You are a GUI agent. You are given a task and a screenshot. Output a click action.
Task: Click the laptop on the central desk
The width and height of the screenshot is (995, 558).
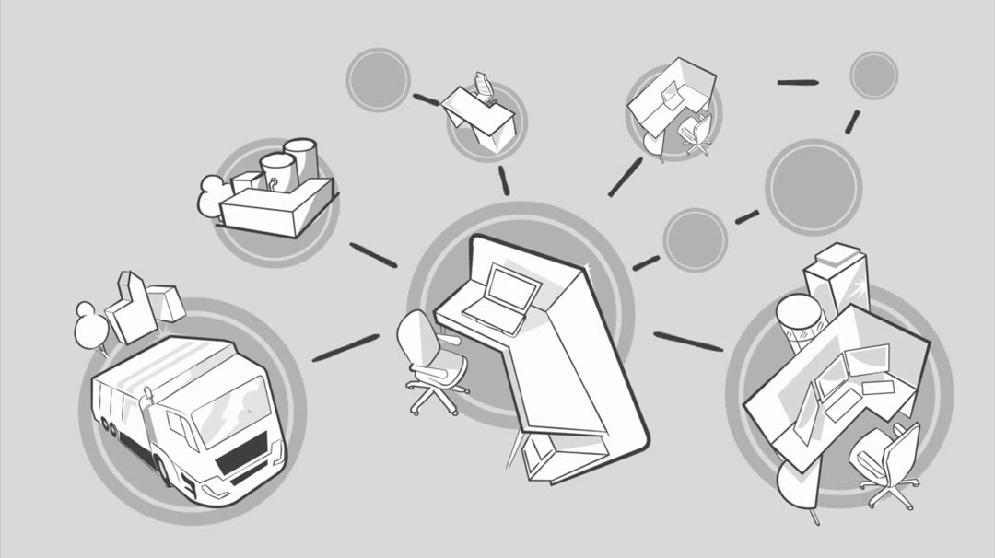pyautogui.click(x=502, y=296)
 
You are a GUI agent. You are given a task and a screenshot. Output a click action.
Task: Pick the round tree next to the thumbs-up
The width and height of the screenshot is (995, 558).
pyautogui.click(x=90, y=328)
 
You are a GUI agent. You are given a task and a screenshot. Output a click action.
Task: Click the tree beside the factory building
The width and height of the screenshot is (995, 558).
pyautogui.click(x=213, y=195)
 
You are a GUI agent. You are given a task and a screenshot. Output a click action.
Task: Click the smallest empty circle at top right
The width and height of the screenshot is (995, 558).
pyautogui.click(x=873, y=76)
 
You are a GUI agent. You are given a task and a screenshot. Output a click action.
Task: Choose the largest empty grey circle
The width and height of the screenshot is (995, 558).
pyautogui.click(x=814, y=187)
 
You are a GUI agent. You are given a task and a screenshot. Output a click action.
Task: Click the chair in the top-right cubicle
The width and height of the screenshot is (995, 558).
pyautogui.click(x=694, y=132)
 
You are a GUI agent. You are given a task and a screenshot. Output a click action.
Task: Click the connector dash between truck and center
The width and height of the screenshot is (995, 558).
pyautogui.click(x=345, y=347)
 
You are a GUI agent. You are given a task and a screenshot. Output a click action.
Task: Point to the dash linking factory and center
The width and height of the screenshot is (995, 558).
pyautogui.click(x=373, y=255)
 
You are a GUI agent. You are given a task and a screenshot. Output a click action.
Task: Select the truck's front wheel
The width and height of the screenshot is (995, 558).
pyautogui.click(x=165, y=470)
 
